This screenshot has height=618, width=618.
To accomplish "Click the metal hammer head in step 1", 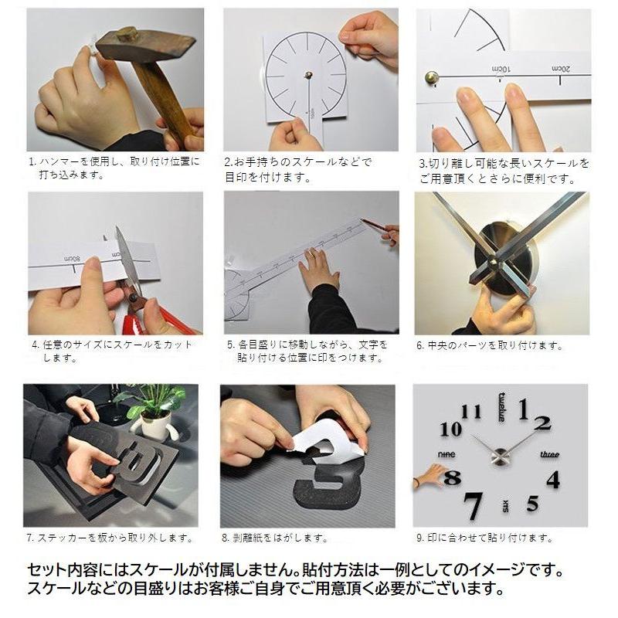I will (x=142, y=45).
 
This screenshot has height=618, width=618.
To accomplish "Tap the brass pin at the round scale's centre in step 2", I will (x=308, y=75).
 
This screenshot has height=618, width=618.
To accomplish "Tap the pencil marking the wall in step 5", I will (x=377, y=225).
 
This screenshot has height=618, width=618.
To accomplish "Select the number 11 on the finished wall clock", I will (x=470, y=411).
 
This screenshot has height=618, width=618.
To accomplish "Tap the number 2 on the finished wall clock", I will (x=543, y=422).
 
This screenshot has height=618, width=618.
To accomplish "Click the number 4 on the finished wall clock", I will (x=553, y=479).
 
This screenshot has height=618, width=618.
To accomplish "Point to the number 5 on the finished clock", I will (x=532, y=504).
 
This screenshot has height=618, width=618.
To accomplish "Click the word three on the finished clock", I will (x=549, y=454).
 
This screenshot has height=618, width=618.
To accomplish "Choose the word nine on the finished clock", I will (x=446, y=454).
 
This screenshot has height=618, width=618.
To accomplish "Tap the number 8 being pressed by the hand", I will (x=453, y=478).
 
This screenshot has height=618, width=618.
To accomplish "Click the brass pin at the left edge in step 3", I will (x=431, y=76).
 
